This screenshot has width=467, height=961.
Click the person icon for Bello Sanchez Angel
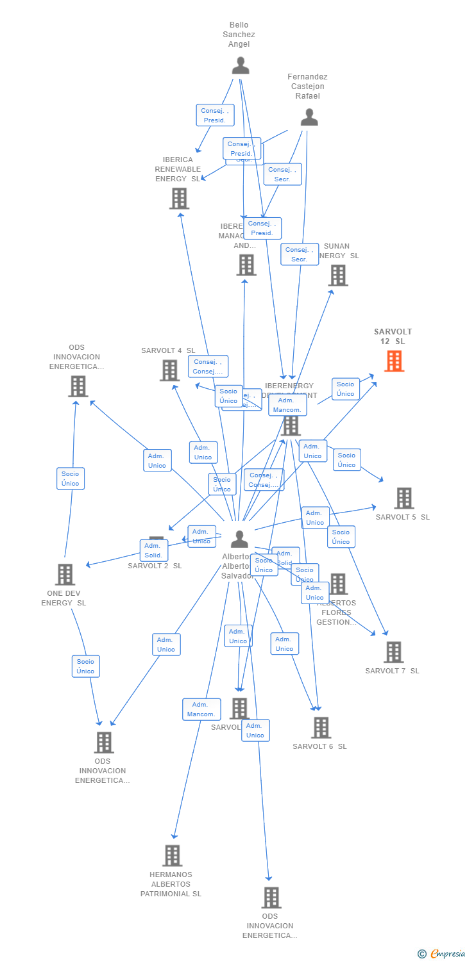click(241, 65)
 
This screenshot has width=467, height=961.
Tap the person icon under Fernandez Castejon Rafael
click(309, 117)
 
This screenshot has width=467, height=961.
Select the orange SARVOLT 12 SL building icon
click(394, 361)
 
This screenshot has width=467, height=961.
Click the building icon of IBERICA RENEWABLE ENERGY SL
click(179, 199)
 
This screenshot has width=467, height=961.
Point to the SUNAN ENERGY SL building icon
click(338, 275)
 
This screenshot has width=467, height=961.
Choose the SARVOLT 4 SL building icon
click(169, 370)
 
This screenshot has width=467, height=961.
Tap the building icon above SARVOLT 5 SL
click(404, 498)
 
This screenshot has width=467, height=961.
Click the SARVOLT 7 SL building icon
click(393, 652)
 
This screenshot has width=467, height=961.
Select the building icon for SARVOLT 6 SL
click(321, 728)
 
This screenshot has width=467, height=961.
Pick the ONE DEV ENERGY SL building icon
click(65, 575)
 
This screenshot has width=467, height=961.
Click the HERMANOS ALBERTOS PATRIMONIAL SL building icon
click(172, 855)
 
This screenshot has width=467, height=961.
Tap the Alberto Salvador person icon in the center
click(239, 539)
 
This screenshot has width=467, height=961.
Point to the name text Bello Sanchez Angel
click(239, 35)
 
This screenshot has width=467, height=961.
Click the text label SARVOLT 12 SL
click(393, 336)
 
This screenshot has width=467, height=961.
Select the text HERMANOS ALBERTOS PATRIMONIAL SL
click(171, 884)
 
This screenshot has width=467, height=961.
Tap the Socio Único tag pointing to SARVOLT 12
click(346, 389)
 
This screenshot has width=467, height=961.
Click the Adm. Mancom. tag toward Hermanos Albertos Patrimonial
click(201, 709)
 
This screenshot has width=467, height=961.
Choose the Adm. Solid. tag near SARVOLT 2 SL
click(153, 550)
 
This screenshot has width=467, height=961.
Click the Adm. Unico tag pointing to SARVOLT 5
click(315, 518)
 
